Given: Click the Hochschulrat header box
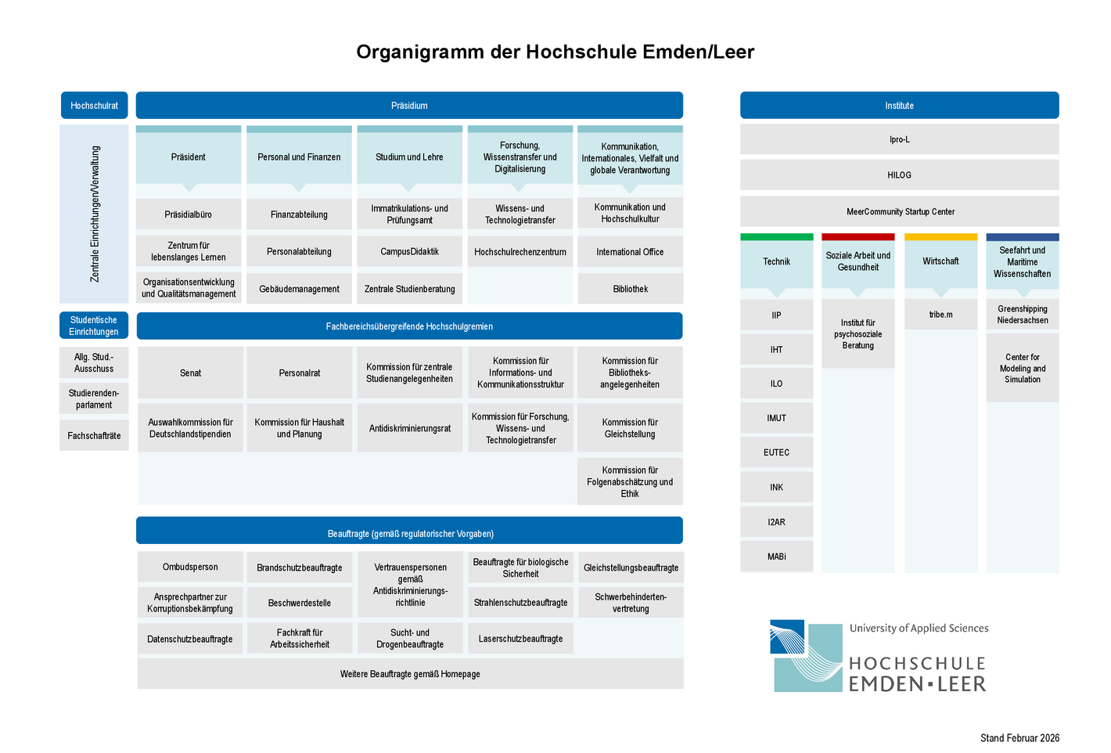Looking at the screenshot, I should click(94, 106).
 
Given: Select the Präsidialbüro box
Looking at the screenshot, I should click(189, 214).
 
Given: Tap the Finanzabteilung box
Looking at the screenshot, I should click(299, 214).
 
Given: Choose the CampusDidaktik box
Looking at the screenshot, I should click(409, 252).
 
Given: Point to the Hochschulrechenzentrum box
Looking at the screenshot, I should click(520, 252).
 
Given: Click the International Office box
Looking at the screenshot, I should click(630, 252).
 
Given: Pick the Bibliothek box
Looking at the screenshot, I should click(630, 289).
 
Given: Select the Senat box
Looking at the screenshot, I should click(190, 373).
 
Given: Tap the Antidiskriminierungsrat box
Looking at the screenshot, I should click(409, 428).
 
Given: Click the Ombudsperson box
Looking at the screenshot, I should click(190, 567).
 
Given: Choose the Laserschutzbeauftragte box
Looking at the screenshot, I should click(520, 639).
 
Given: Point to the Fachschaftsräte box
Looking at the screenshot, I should click(94, 436).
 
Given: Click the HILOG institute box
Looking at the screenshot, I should click(899, 175).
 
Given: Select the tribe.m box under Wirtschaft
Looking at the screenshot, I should click(940, 315).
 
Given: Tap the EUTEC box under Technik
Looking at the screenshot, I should click(776, 452).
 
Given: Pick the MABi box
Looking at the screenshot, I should click(776, 557).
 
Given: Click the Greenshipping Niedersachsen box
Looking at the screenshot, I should click(1022, 315).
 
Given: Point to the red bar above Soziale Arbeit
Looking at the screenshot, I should click(858, 237).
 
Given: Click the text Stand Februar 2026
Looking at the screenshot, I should click(1019, 738).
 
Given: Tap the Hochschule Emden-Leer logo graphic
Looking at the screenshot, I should click(806, 656).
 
